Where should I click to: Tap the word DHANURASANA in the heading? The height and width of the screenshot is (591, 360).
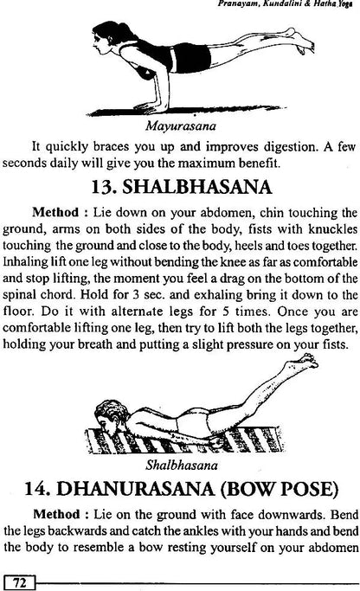(x=152, y=481)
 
